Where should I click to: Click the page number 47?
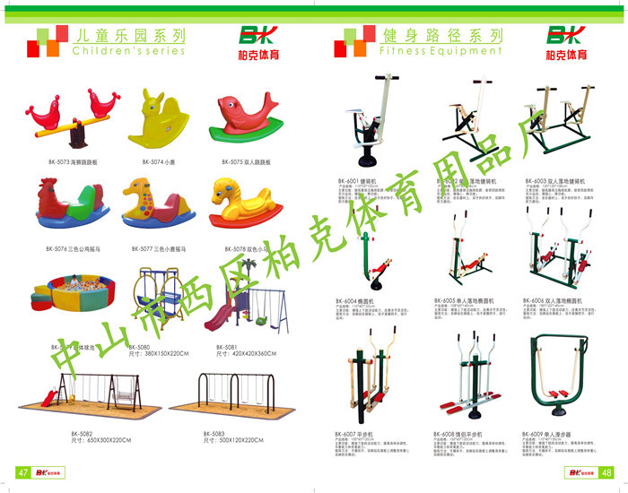24,471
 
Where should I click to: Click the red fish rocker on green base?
242,121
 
